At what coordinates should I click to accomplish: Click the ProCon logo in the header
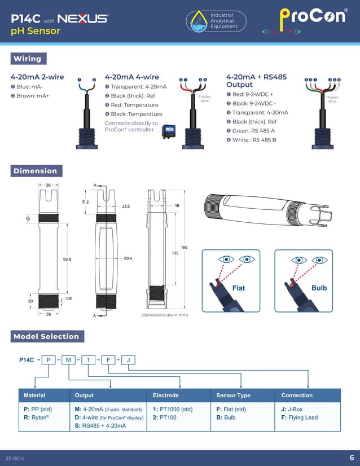point(312,17)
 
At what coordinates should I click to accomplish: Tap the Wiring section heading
point(27,59)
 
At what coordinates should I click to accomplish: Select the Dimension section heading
point(35,171)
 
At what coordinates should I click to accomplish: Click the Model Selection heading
point(46,337)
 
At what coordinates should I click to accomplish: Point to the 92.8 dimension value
point(67,259)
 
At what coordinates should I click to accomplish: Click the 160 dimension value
point(184,248)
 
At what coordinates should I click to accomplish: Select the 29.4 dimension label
point(128,258)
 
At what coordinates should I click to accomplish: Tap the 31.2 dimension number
point(85,201)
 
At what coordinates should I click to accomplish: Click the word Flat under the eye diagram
point(239,288)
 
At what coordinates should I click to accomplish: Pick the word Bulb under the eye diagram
point(319,288)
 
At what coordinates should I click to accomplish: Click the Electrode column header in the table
point(166,395)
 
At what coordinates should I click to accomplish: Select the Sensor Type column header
point(234,395)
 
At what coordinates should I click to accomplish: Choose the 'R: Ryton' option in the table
point(34,418)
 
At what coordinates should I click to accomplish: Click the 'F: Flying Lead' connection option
point(300,418)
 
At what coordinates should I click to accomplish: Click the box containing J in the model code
point(129,360)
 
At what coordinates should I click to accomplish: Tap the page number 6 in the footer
point(352,457)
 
